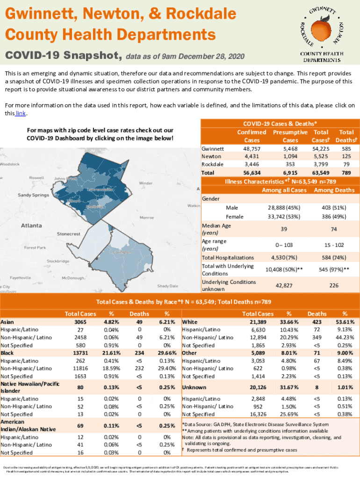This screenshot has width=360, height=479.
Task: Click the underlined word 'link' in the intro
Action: pos(20,113)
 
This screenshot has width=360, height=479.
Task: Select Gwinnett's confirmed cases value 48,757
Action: pos(252,148)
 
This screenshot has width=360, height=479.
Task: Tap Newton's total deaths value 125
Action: pos(346,156)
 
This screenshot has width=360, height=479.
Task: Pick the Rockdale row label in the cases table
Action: pos(212,164)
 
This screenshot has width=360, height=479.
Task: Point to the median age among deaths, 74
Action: pos(334,229)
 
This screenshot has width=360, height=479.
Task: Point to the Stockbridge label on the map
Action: pos(58,261)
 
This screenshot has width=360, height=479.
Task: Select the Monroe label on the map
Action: pos(147,218)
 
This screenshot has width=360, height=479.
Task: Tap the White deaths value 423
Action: pos(317,322)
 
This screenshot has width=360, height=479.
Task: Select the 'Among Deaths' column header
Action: pos(334,190)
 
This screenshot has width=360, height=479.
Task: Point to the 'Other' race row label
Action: pos(189,353)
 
